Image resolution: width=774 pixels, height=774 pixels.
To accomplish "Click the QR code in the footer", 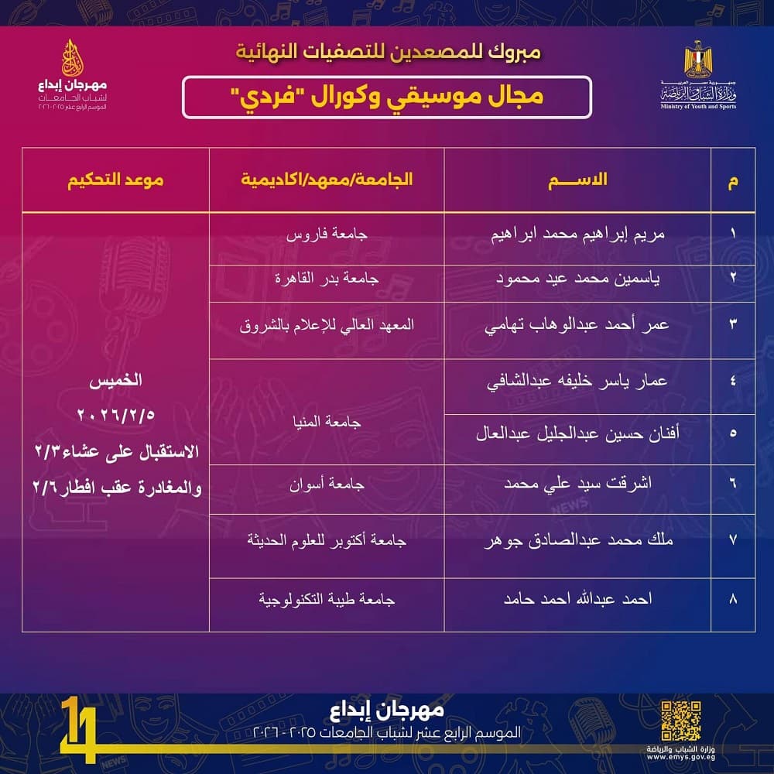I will coord(681,721).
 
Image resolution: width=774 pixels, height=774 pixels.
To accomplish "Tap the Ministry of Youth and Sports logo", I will coord(699,76).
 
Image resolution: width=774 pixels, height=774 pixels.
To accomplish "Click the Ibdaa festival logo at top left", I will coord(75,74).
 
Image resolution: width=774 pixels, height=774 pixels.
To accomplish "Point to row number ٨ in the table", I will coord(732,599).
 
